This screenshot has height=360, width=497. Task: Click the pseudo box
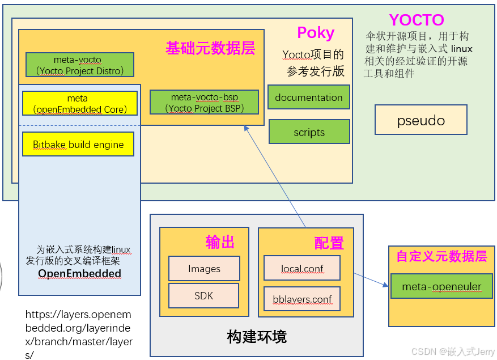tap(420, 120)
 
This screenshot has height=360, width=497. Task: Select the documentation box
tap(308, 97)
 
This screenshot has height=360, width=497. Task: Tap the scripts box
tap(309, 132)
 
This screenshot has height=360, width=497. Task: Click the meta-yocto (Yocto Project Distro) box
tap(80, 65)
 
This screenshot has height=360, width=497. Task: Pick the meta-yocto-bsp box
tap(204, 102)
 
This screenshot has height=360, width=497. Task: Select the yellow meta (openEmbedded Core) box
tap(79, 104)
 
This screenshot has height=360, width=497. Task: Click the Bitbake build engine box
tap(78, 144)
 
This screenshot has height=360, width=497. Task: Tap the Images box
tap(204, 269)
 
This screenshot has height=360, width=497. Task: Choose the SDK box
tap(203, 296)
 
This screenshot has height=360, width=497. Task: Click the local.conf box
tap(302, 268)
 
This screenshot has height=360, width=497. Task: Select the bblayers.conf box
tap(302, 299)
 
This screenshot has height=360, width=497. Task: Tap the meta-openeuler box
tap(441, 286)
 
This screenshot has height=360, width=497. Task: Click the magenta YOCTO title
tap(416, 20)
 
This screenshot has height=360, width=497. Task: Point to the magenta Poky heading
tap(316, 33)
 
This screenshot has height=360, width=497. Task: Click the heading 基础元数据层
tap(210, 48)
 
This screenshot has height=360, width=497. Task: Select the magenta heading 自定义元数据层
tap(441, 256)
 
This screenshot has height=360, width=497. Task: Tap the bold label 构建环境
tap(257, 337)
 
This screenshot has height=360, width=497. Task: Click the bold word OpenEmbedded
tap(79, 273)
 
